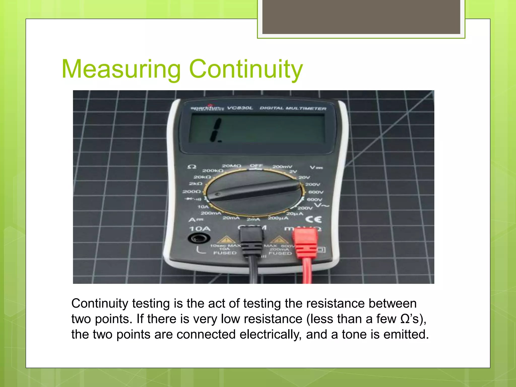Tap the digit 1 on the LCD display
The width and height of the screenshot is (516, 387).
[216, 130]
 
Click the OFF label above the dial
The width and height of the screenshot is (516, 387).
[256, 166]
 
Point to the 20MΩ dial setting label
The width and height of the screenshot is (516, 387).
[231, 166]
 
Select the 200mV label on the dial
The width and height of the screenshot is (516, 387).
[282, 167]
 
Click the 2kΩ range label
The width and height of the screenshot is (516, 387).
[196, 184]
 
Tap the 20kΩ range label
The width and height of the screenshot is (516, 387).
[202, 177]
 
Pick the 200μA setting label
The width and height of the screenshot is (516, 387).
[278, 218]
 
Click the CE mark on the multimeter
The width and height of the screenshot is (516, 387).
[313, 219]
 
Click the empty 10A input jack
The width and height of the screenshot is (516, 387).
[199, 238]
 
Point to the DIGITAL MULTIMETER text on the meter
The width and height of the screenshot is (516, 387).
[293, 108]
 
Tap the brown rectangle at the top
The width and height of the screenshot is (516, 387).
[361, 17]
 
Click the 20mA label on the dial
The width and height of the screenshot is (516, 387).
[231, 218]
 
